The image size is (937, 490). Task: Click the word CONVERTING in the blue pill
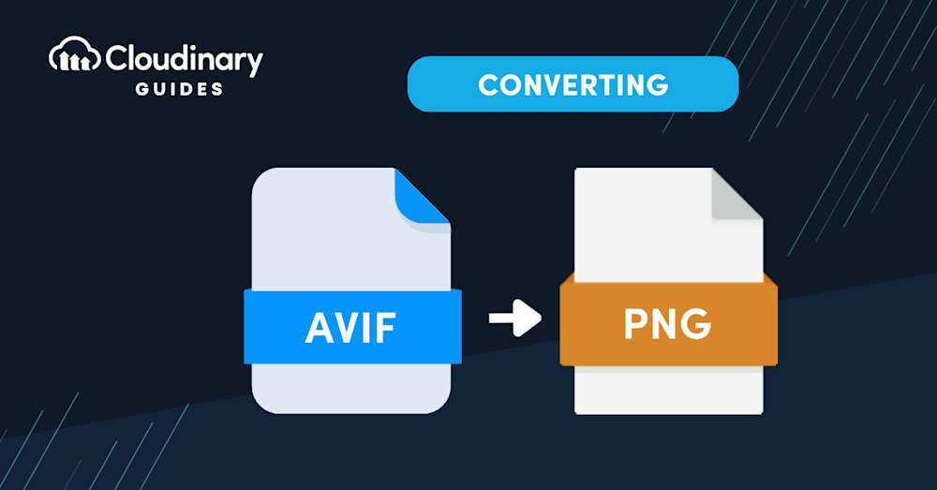[x=573, y=84]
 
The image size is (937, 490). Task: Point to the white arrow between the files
[x=514, y=318]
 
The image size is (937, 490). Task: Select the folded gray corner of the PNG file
[x=737, y=199]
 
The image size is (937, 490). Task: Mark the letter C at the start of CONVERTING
[x=487, y=84]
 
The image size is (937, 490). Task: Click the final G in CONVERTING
[x=658, y=84]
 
